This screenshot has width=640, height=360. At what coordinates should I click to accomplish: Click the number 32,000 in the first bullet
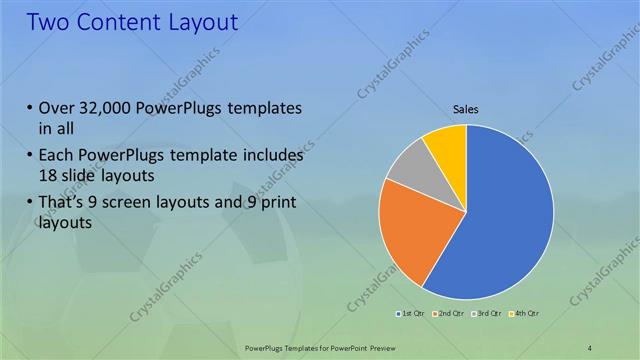tap(109, 108)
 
